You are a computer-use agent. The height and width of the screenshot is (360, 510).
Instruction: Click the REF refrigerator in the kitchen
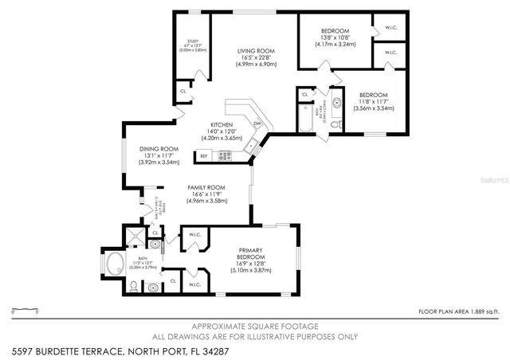coord(204,156)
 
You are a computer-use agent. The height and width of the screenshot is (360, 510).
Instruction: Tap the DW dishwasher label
coord(257,124)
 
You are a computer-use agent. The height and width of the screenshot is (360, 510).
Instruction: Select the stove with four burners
coord(225,155)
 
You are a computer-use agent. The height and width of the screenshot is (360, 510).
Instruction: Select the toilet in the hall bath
coord(337,124)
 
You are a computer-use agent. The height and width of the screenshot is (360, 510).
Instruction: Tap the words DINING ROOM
coord(159,148)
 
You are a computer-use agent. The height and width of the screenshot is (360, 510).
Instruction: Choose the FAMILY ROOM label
coord(206,187)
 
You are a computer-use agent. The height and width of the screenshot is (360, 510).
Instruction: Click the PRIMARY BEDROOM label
coord(256,254)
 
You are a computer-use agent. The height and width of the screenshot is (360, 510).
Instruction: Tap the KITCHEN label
coord(222,125)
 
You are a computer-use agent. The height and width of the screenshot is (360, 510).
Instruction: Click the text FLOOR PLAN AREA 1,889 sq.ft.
coord(458,312)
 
